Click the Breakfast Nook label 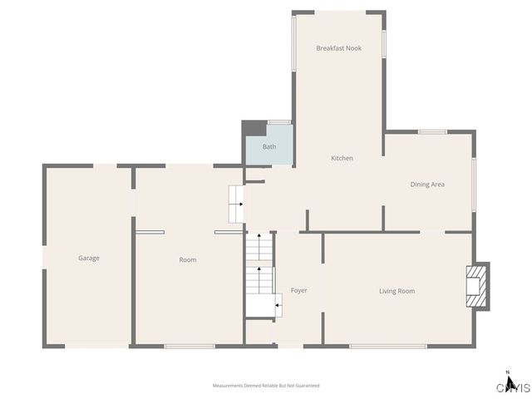tap(338, 48)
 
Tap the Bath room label tap(269, 147)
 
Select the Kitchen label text tap(342, 158)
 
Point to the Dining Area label tap(427, 184)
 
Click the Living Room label tap(397, 291)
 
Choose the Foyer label tap(298, 291)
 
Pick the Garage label tap(89, 259)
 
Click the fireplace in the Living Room tap(476, 286)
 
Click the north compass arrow tap(507, 373)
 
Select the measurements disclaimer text tap(266, 386)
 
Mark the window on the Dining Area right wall tap(474, 184)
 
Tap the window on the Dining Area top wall tap(432, 131)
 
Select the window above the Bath tap(279, 122)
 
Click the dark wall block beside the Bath tap(252, 129)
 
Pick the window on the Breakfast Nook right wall tap(384, 43)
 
